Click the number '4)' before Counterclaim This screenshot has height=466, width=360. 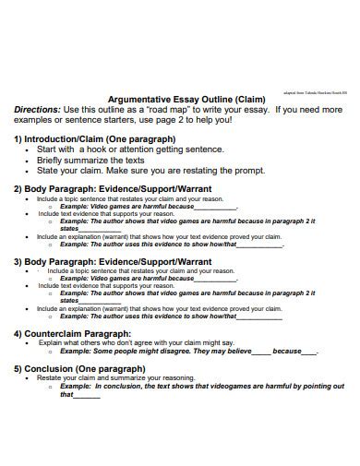[18, 333]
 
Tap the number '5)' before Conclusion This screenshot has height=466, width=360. [18, 367]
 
